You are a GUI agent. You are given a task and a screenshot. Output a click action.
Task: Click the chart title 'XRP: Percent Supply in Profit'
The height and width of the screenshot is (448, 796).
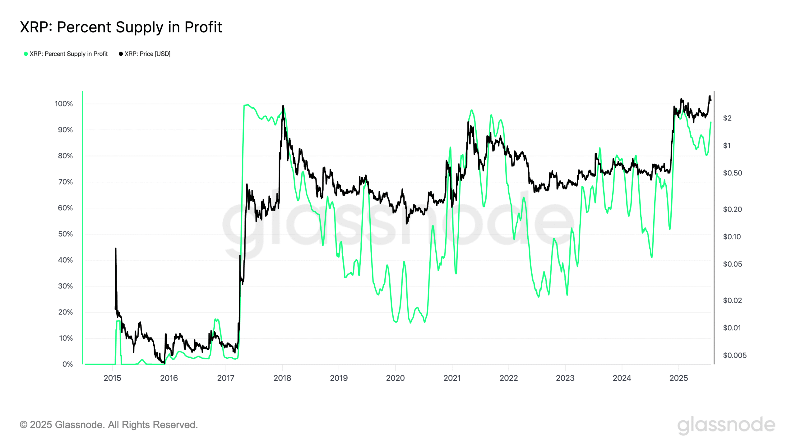pyautogui.click(x=121, y=27)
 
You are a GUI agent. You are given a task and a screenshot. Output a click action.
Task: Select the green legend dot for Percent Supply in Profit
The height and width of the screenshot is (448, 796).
pyautogui.click(x=26, y=54)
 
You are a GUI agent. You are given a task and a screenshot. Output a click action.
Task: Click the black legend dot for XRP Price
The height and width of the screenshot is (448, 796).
pyautogui.click(x=121, y=54)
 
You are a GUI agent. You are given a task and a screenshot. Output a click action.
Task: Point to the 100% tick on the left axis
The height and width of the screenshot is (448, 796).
pyautogui.click(x=64, y=104)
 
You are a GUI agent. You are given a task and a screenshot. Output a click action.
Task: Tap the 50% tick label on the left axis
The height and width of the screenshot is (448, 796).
pyautogui.click(x=65, y=234)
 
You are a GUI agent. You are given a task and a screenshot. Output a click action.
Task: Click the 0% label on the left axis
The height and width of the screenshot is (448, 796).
pyautogui.click(x=67, y=364)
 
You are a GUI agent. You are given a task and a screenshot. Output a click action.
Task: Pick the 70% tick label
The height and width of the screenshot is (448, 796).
pyautogui.click(x=65, y=182)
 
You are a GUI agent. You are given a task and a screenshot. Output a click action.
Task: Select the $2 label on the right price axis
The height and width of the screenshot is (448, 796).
pyautogui.click(x=727, y=118)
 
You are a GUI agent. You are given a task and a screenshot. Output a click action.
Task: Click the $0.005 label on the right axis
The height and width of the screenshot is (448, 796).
pyautogui.click(x=734, y=355)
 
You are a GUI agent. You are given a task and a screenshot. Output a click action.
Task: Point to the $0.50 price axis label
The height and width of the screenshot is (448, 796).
pyautogui.click(x=732, y=173)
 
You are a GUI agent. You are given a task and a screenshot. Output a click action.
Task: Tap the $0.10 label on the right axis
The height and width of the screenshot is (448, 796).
pyautogui.click(x=732, y=237)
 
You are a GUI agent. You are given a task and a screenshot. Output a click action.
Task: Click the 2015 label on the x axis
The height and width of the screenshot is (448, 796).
pyautogui.click(x=112, y=378)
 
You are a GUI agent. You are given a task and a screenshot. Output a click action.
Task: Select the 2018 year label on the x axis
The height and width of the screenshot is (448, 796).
pyautogui.click(x=282, y=378)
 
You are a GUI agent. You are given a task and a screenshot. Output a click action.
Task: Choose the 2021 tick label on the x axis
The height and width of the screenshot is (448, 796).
pyautogui.click(x=452, y=378)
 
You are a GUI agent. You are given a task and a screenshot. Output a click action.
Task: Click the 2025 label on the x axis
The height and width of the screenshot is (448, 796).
pyautogui.click(x=678, y=378)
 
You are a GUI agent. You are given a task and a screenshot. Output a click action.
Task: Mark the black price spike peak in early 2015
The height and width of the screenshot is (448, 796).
pyautogui.click(x=116, y=249)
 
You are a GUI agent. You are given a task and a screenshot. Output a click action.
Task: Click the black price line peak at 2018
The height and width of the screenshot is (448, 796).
pyautogui.click(x=283, y=106)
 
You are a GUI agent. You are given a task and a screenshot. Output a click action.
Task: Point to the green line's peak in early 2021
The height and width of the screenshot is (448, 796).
pyautogui.click(x=472, y=110)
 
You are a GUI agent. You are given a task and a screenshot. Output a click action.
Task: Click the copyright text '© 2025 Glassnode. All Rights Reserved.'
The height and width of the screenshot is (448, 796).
pyautogui.click(x=109, y=425)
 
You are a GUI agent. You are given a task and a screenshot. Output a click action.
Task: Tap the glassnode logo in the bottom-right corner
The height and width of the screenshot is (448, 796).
pyautogui.click(x=726, y=425)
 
